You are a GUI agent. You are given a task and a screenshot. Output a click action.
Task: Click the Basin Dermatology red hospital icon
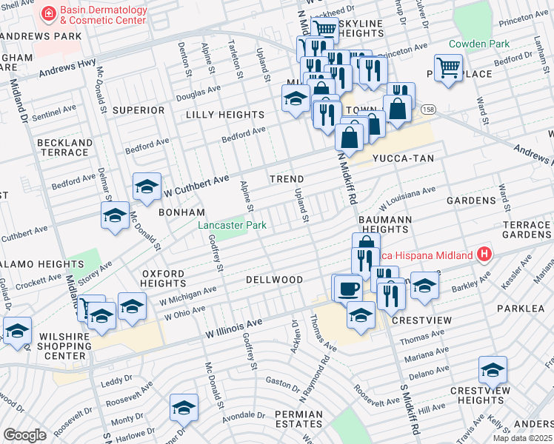49,13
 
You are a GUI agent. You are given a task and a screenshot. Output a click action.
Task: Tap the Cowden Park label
478,44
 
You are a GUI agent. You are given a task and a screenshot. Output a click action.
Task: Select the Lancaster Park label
231,225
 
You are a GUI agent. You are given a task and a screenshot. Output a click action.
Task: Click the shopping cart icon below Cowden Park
448,68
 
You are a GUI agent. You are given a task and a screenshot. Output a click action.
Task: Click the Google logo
24,435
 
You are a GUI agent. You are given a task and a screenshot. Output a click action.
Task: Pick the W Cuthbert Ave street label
196,185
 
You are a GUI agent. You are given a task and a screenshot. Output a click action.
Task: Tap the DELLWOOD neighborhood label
274,280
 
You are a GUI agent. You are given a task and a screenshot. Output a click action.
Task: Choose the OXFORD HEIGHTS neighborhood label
163,278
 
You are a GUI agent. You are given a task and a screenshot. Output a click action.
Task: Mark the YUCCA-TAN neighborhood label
403,158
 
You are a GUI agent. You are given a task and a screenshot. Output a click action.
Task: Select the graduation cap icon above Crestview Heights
493,369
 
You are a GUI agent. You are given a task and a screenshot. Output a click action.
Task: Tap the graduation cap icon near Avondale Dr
184,407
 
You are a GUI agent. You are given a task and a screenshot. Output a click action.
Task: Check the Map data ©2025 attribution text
523,438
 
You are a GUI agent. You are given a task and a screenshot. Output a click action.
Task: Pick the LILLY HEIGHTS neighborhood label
224,115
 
